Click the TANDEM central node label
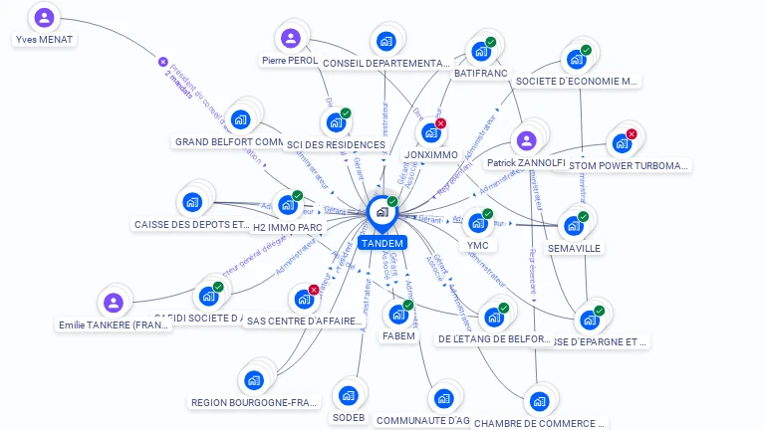coord(382,243)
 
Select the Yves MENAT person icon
coord(44,17)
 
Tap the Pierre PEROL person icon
coord(290,39)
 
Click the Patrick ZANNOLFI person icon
coord(526,140)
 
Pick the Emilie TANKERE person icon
coord(114,302)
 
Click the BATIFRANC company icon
coord(480,51)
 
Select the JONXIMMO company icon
coord(430,132)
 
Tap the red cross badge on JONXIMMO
coord(440,123)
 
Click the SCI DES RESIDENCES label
coord(336,145)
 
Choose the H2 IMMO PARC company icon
coord(287,205)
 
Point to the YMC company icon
coord(477,223)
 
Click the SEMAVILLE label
coord(574,248)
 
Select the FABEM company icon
coord(398,315)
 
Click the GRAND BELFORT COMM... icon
coord(240,119)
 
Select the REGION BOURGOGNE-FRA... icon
coord(253,380)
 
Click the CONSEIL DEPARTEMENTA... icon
coord(385,42)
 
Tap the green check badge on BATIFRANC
coord(490,42)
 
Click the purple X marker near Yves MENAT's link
coord(163,62)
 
